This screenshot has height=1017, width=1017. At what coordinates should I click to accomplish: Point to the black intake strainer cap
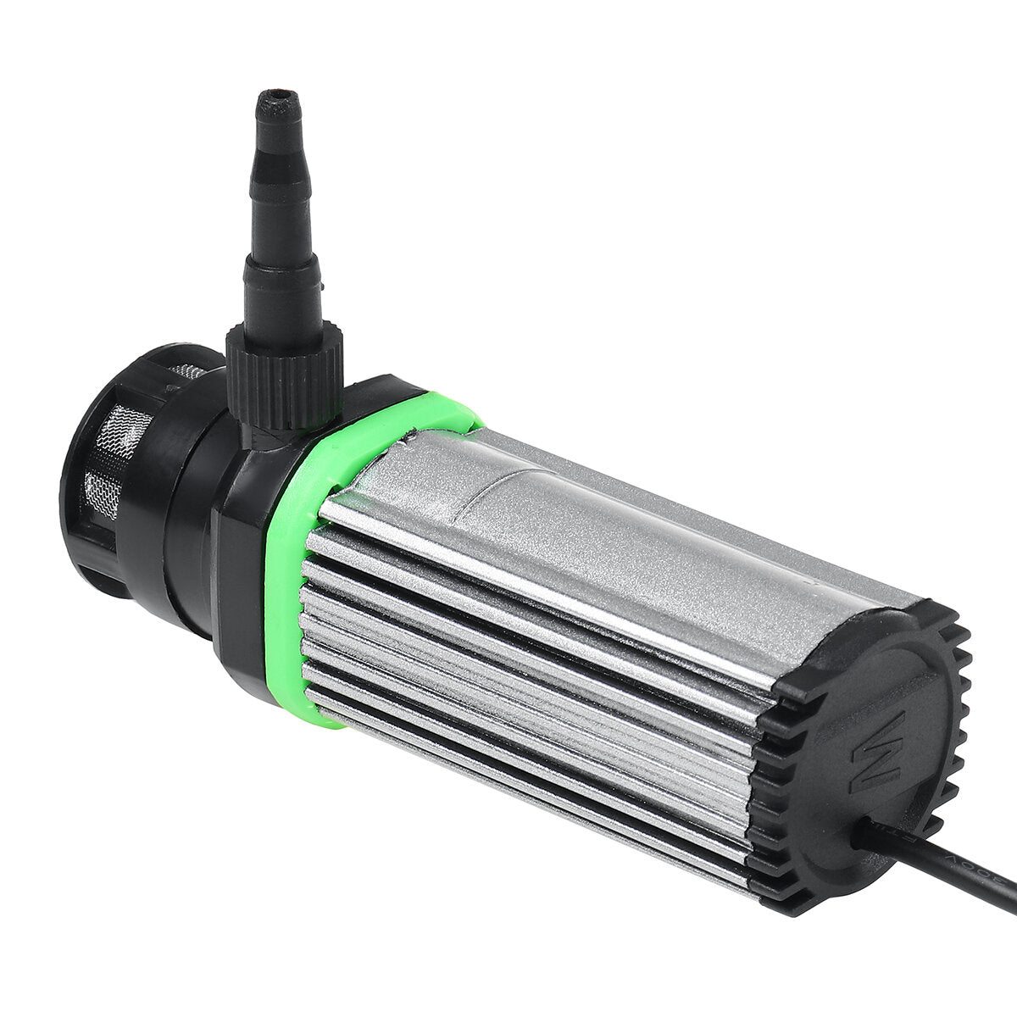(x=110, y=483)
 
